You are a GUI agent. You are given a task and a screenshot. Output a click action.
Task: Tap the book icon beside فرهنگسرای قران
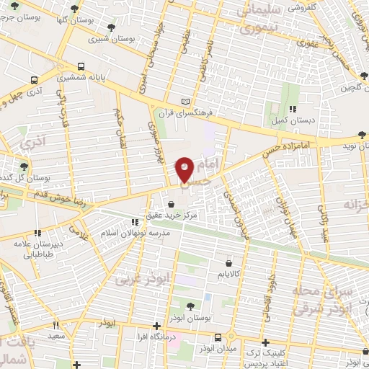click(187, 102)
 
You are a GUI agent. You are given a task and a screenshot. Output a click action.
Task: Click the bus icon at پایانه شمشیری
click(81, 75)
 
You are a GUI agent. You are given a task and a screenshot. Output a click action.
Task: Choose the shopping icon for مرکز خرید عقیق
click(171, 205)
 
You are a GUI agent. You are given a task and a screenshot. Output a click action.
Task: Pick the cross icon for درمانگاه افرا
click(156, 326)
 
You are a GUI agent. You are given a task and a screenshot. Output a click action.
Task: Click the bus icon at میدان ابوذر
click(219, 337)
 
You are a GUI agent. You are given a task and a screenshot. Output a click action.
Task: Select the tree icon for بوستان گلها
click(74, 10)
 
